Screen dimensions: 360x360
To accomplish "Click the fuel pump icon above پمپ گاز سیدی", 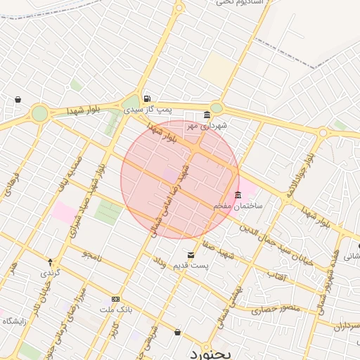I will click(146, 99).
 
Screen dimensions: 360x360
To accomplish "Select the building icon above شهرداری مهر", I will click(207, 115).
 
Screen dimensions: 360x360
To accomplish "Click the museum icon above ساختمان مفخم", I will click(238, 195).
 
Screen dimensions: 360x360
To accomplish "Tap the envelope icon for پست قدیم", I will click(191, 255).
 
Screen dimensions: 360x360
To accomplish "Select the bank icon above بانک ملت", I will click(116, 298).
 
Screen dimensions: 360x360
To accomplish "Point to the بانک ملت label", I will click(117, 309).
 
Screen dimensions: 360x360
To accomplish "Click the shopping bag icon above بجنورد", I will click(177, 332).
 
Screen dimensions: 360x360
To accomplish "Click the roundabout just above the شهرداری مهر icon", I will click(217, 108).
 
